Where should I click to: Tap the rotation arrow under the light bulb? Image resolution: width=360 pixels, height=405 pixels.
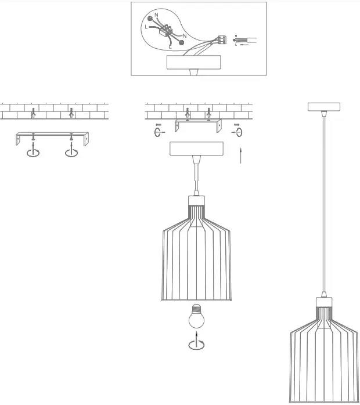pos(196,344)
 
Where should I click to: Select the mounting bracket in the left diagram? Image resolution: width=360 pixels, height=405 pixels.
pos(52,138)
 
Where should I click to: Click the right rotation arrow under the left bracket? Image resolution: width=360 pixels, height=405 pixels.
pos(71,153)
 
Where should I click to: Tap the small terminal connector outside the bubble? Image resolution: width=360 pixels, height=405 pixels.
pos(221,40)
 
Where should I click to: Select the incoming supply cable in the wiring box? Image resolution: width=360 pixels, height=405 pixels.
pos(247,40)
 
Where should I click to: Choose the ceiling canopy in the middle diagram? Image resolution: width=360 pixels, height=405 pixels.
pos(196,149)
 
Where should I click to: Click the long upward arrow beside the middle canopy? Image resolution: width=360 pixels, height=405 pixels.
pos(241,156)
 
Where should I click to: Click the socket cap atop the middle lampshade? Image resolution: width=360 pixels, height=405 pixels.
pos(197,202)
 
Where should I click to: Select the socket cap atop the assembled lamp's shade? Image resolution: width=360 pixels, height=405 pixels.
pos(323,303)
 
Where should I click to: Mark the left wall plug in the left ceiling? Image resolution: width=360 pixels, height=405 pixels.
pos(33,111)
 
